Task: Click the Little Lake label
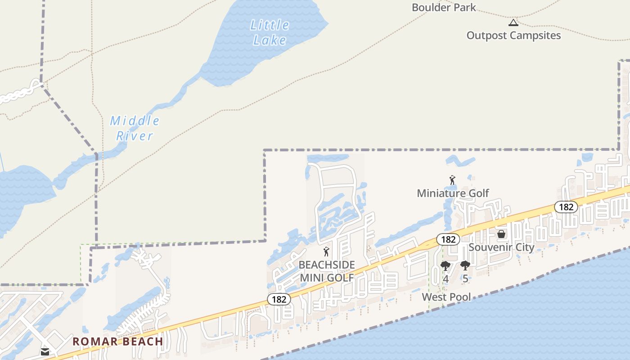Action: [x=270, y=32]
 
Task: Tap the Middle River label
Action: [x=135, y=128]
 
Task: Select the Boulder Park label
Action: [x=444, y=7]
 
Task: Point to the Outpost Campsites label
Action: [x=513, y=36]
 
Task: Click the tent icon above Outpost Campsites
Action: [x=513, y=22]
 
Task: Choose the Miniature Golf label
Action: [x=453, y=193]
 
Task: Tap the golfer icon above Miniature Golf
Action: [x=452, y=180]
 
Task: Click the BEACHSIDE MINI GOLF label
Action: [x=327, y=271]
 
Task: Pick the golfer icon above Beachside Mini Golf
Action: [x=327, y=252]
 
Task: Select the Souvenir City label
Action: [x=501, y=247]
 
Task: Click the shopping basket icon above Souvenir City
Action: [x=501, y=234]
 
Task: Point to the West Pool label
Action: [x=446, y=297]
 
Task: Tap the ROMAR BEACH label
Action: [x=118, y=342]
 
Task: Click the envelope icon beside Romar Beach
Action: [x=45, y=352]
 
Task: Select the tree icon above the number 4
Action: [x=445, y=266]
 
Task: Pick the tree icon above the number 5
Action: [x=465, y=266]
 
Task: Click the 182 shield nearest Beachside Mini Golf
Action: [x=279, y=299]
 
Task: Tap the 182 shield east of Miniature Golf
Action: [x=566, y=207]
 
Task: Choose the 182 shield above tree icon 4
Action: [x=448, y=239]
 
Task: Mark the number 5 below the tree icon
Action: [x=465, y=279]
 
